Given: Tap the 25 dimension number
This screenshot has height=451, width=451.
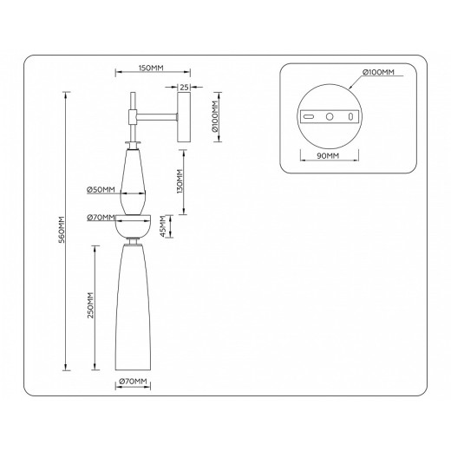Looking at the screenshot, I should point(185,87).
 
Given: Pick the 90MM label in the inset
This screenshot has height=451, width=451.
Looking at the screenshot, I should point(329,155).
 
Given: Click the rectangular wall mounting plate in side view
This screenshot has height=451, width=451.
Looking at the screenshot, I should point(185,118).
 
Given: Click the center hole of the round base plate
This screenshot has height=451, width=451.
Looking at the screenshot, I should point(329,115).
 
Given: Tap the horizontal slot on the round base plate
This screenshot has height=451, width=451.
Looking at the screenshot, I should point(308,115).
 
